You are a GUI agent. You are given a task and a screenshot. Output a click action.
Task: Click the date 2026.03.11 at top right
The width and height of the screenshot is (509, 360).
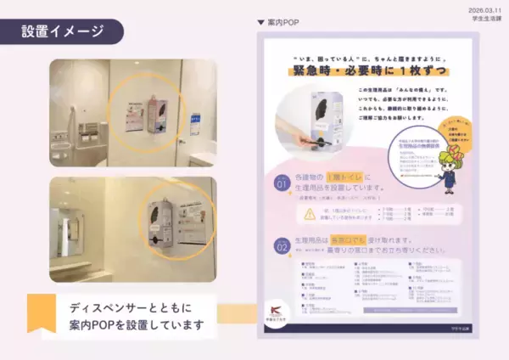[483, 8]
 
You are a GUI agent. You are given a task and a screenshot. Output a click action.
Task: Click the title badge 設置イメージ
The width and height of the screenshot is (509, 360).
[63, 31]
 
